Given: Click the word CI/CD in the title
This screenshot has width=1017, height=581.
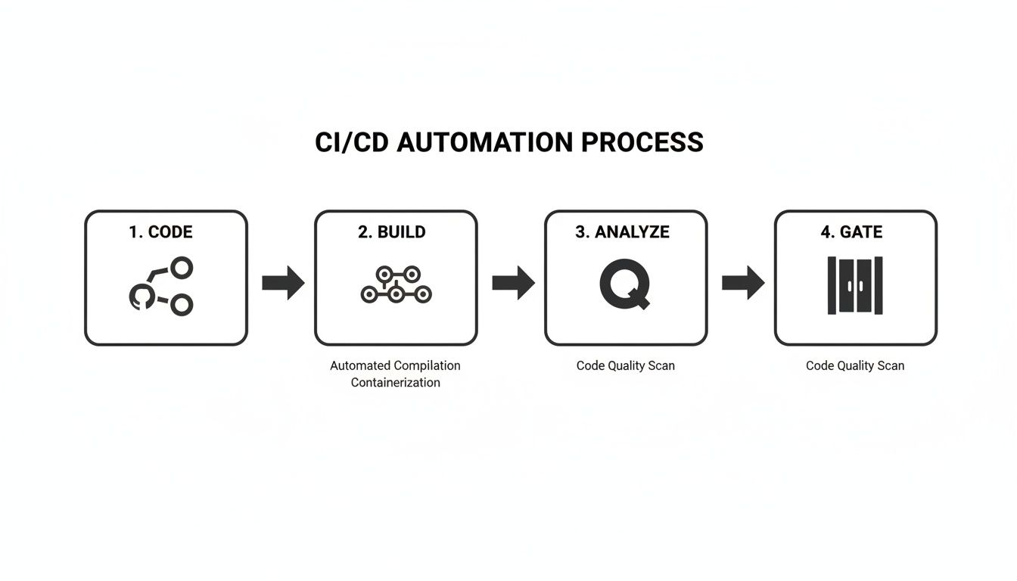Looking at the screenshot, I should click(x=352, y=142).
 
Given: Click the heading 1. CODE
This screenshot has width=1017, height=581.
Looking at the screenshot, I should click(x=160, y=232).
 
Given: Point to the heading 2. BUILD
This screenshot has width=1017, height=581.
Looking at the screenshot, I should click(x=392, y=232).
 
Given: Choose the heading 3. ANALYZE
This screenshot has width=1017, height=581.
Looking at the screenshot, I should click(x=622, y=232).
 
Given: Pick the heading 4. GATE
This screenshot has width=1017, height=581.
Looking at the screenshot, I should click(x=851, y=232).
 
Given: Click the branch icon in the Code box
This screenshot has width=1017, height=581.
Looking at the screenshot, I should click(x=161, y=287).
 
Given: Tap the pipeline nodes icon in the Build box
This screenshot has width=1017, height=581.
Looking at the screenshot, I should click(x=396, y=285).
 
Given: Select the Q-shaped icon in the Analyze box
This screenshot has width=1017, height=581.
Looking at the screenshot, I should click(x=624, y=285).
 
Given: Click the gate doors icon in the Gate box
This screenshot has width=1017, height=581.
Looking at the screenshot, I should click(x=855, y=285).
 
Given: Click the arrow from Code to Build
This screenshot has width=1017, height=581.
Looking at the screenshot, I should click(x=283, y=283).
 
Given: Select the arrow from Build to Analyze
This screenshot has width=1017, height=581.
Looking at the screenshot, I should click(x=513, y=283).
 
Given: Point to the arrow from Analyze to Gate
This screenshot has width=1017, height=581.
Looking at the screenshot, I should click(x=743, y=283).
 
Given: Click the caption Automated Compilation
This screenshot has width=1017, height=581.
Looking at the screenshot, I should click(x=395, y=365).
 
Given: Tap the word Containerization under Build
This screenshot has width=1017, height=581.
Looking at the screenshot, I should click(x=395, y=383).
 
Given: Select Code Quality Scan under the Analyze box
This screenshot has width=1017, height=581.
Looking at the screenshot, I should click(x=625, y=365).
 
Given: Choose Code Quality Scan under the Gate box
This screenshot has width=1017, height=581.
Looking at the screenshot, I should click(x=855, y=365).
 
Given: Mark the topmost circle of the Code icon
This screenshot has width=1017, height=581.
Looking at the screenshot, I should click(x=182, y=267).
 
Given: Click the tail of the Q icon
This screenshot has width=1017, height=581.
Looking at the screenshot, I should click(x=642, y=304).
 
